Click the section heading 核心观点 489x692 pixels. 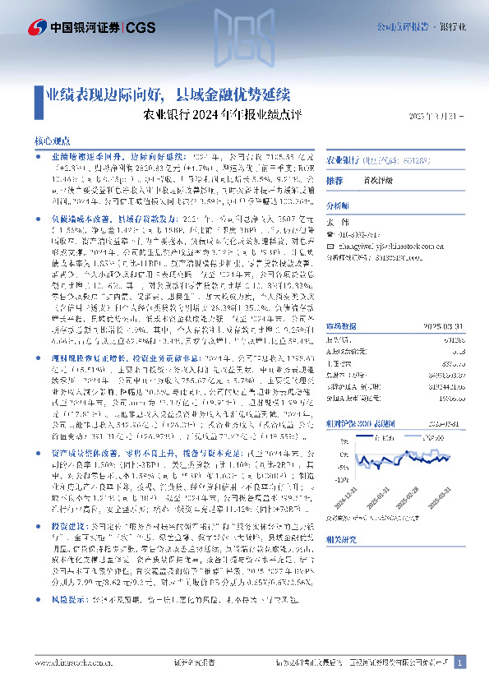pyautogui.click(x=52, y=141)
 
